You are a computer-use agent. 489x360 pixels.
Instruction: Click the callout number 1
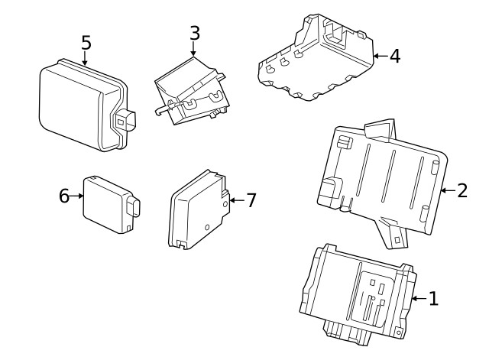(433, 299)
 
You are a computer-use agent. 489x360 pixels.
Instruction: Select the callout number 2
(461, 190)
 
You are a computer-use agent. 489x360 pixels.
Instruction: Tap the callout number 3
(194, 33)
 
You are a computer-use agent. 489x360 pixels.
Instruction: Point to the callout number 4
(394, 56)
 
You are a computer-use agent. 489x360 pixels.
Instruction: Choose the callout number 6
(64, 196)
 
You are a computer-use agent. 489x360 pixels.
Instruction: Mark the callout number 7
(251, 200)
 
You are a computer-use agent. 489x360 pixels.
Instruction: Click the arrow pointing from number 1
(417, 299)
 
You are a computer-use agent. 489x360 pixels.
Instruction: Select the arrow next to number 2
(446, 190)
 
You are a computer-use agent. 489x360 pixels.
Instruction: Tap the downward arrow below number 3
(194, 50)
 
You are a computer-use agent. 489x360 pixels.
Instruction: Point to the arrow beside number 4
(380, 56)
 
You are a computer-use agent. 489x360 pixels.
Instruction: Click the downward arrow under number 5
(86, 59)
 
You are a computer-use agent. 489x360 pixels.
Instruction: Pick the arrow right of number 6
(78, 196)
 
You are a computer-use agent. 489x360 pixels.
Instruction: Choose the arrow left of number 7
(235, 200)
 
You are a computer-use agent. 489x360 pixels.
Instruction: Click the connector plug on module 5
(124, 122)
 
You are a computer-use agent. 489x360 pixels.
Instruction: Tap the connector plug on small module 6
(134, 206)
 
